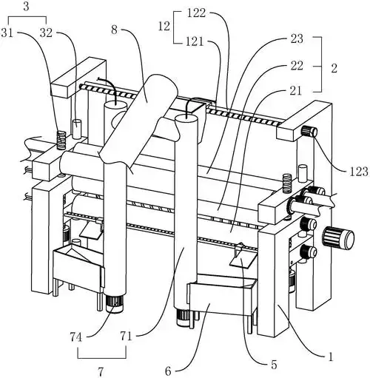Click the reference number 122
(x=196, y=13)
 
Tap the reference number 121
(x=195, y=41)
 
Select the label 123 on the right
(x=359, y=171)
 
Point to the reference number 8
(x=114, y=30)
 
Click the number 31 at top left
(x=7, y=33)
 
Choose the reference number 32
(x=46, y=33)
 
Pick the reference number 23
(x=297, y=38)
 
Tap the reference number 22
(x=297, y=66)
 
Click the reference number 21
(x=296, y=91)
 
